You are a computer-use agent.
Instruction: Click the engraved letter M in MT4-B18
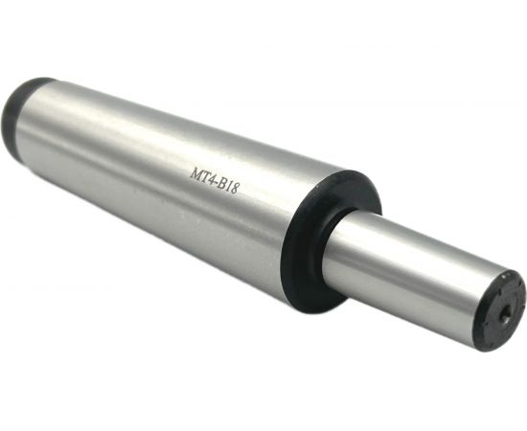pyautogui.click(x=195, y=174)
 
